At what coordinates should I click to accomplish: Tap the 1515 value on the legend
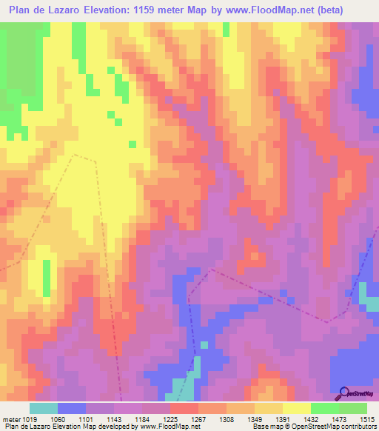point(368,418)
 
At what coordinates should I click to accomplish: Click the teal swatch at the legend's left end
point(44,408)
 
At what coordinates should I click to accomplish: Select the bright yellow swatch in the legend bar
point(296,408)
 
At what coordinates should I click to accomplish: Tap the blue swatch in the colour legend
point(72,408)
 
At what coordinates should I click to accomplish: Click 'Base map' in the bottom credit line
point(266,427)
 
